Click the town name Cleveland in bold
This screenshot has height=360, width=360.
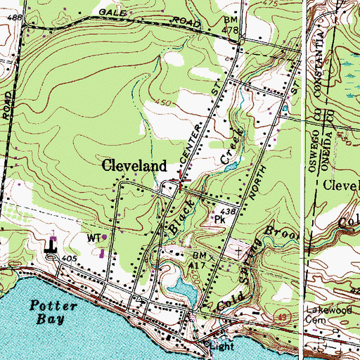coord(135,167)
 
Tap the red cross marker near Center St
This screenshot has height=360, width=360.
coord(182,181)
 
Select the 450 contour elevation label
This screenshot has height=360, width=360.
coord(166,103)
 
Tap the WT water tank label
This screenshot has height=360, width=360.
coord(94,238)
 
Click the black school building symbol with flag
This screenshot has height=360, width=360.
coord(51,247)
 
